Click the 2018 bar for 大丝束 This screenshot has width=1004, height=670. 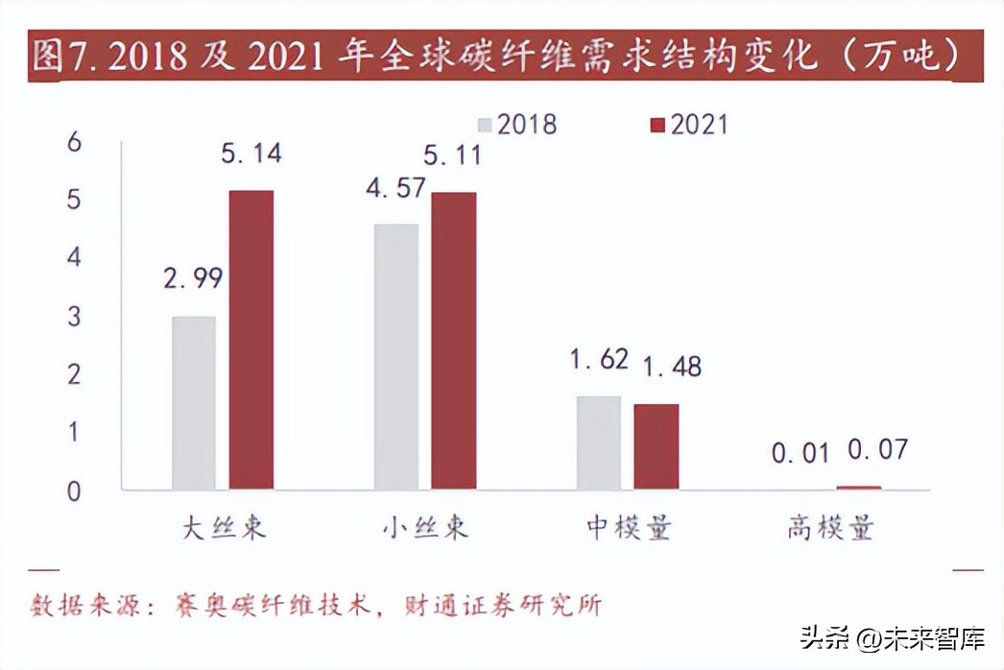194,403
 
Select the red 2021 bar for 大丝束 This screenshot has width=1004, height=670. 251,340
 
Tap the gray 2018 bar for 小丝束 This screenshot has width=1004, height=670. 395,357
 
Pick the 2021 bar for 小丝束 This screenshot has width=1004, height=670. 453,341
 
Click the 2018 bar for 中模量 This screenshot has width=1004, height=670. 598,443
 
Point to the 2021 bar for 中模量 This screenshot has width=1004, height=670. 656,446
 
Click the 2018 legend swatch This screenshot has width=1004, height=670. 486,125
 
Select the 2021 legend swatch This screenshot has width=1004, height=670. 657,125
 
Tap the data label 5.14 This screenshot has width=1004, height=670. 251,154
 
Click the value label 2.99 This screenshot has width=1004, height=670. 193,278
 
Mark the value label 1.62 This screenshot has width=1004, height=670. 600,360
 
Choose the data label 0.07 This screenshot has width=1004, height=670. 876,449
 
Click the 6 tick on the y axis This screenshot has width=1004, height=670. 74,142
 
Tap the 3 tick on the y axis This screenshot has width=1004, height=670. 74,317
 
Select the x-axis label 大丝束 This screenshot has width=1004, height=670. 224,529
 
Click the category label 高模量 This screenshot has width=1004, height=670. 830,529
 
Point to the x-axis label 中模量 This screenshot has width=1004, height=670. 629,529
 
